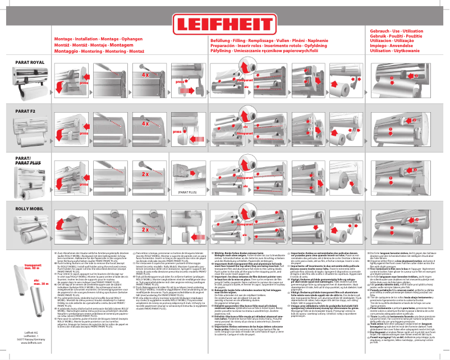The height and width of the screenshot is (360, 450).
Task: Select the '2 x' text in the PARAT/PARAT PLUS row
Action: [x=145, y=174]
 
